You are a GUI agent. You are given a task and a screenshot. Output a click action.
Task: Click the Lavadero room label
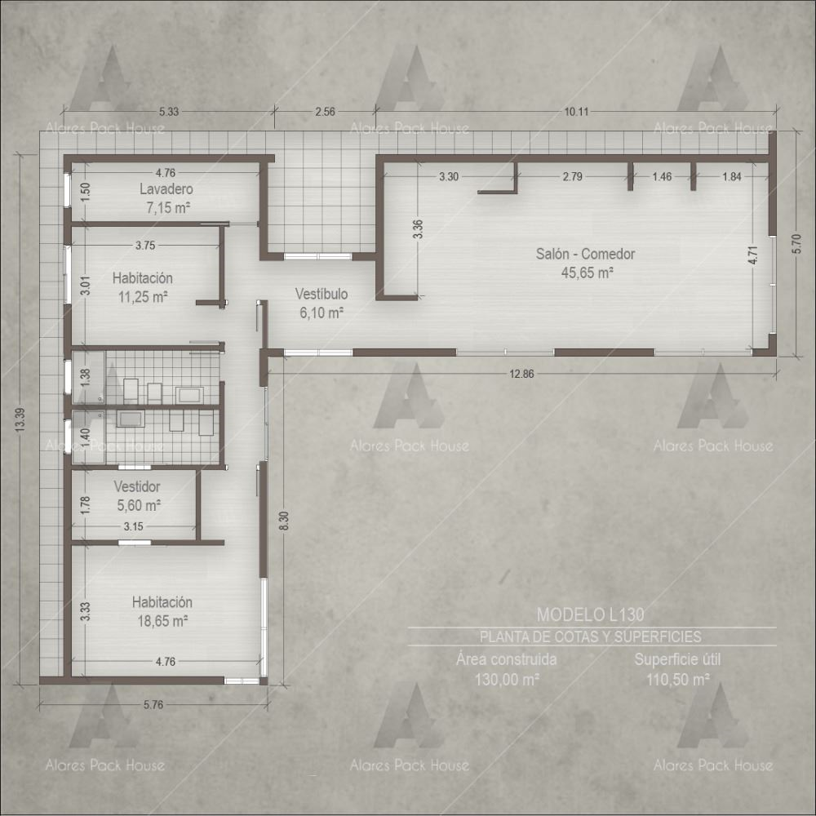point(166,189)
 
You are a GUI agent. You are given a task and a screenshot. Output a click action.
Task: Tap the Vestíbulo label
point(321,294)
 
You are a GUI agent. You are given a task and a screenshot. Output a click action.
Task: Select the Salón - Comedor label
point(585,254)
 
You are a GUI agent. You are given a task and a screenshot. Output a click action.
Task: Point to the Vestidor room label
point(137,486)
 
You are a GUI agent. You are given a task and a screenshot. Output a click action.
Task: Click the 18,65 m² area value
point(162,621)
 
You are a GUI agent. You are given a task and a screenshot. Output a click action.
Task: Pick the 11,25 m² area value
point(143,297)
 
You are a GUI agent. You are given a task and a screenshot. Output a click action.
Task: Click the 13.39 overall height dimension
point(20,420)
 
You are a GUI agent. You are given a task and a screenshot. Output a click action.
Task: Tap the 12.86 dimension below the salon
point(521,374)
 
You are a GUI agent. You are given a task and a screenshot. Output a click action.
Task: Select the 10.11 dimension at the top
point(577,111)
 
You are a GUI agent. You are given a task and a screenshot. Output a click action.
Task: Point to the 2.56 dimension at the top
point(326,111)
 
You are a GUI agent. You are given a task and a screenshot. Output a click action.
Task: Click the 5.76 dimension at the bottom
point(153,705)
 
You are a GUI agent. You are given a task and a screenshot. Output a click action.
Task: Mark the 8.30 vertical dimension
point(284,521)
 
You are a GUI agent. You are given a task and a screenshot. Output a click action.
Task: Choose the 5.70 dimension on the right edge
point(796,243)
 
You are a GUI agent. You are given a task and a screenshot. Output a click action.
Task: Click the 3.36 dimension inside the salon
point(417,229)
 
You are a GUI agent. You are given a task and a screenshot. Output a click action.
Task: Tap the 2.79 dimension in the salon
point(573,176)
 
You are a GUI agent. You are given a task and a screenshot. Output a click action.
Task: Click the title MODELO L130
point(591,614)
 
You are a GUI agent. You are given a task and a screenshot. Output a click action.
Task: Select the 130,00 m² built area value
point(507,679)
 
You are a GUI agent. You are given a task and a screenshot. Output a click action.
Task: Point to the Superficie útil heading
point(677,659)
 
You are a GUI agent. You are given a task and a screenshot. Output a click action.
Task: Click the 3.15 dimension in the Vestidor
point(133,526)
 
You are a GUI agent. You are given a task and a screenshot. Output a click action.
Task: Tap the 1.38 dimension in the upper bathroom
point(85,377)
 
